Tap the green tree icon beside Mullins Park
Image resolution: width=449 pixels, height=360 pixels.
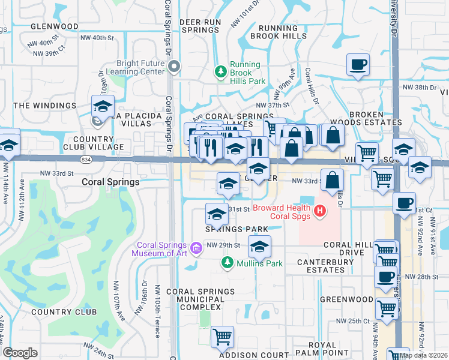click(228, 262)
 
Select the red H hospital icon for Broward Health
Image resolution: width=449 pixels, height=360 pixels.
click(320, 211)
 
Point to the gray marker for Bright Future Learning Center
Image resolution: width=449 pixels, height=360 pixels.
click(174, 67)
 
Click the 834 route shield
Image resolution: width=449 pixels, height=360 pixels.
click(87, 159)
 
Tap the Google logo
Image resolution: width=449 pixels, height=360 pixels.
click(20, 353)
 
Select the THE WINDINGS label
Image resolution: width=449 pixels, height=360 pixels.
click(45, 106)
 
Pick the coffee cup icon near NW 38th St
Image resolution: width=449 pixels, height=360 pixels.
click(358, 64)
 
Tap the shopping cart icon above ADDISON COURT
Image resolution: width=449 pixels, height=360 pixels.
click(222, 336)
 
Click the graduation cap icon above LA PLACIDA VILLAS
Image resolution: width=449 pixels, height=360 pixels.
click(103, 106)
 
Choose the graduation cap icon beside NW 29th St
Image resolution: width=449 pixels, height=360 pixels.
click(259, 246)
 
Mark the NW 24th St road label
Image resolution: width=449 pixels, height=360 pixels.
click(98, 348)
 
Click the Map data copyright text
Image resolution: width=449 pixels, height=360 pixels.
click(424, 355)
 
